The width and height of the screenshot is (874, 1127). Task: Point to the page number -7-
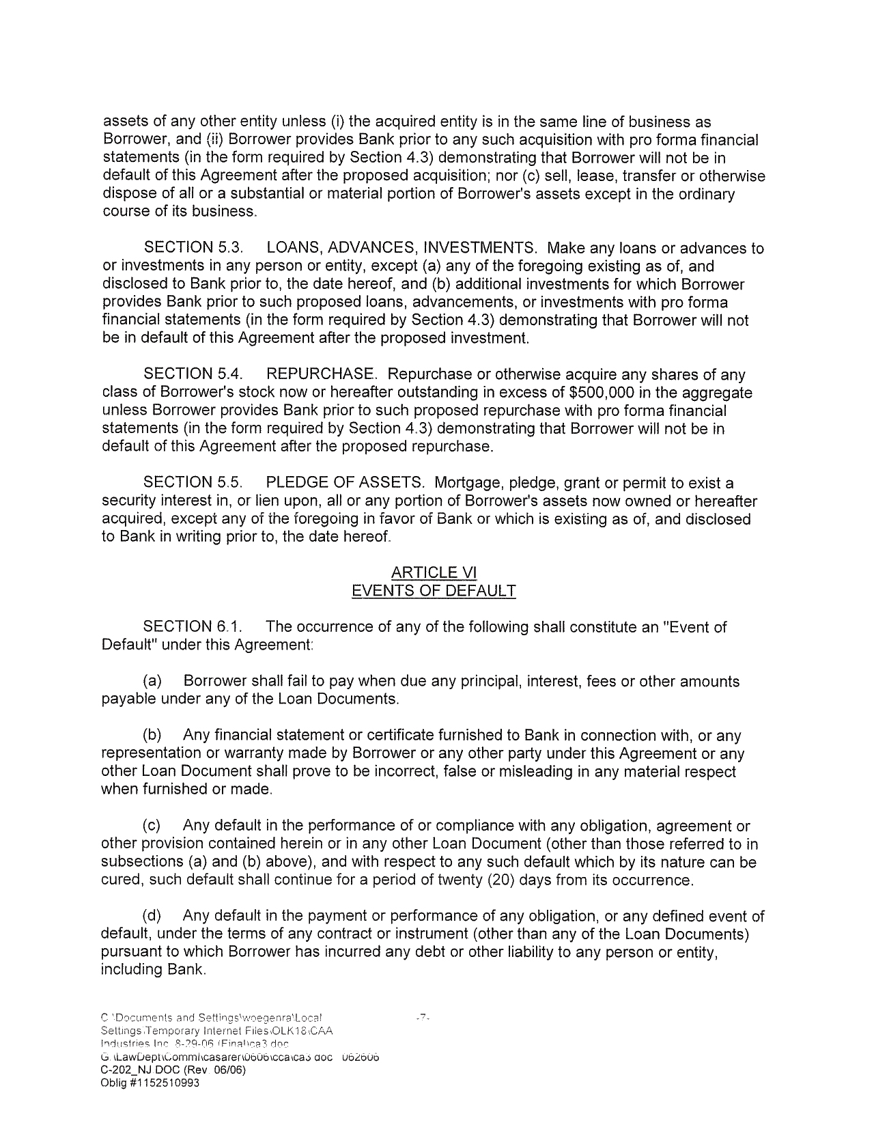[x=422, y=1018]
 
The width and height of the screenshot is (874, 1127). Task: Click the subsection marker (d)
[x=152, y=916]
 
